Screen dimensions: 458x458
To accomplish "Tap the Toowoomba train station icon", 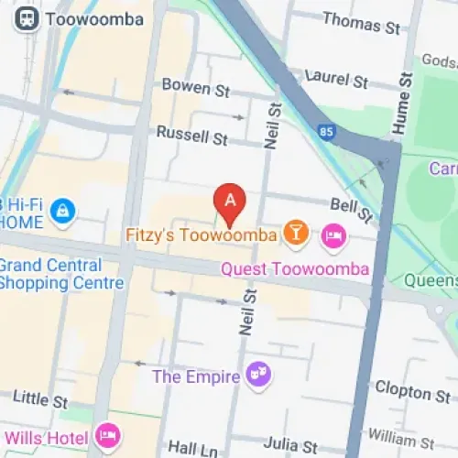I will (x=27, y=17).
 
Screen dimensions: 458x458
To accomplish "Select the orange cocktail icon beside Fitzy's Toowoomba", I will (x=295, y=234).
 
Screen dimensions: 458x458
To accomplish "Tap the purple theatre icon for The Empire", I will (x=256, y=375).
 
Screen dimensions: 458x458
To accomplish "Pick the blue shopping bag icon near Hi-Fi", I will (x=62, y=211).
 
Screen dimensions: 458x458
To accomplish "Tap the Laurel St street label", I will (x=339, y=78).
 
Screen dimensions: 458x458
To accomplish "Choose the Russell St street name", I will (x=191, y=136).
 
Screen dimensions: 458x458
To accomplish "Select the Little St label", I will (x=39, y=400).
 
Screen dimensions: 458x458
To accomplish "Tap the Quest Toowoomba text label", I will (x=294, y=269).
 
